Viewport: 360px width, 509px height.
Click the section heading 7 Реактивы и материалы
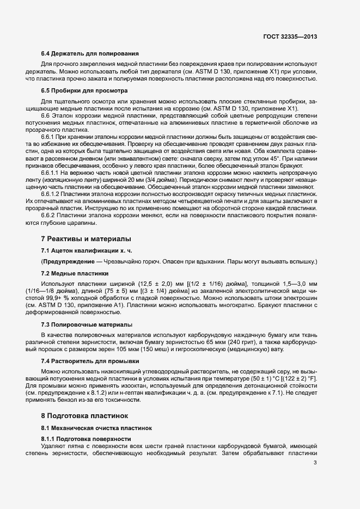point(86,239)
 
